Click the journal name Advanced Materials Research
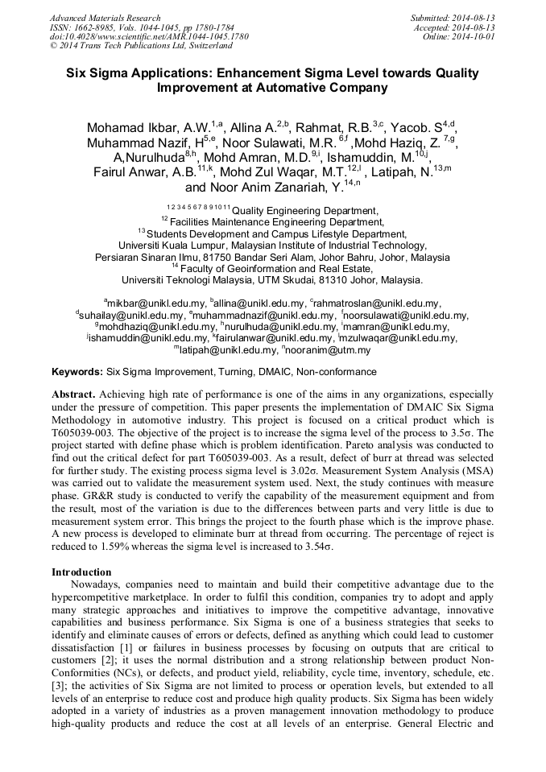click(105, 18)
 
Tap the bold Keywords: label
click(77, 372)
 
